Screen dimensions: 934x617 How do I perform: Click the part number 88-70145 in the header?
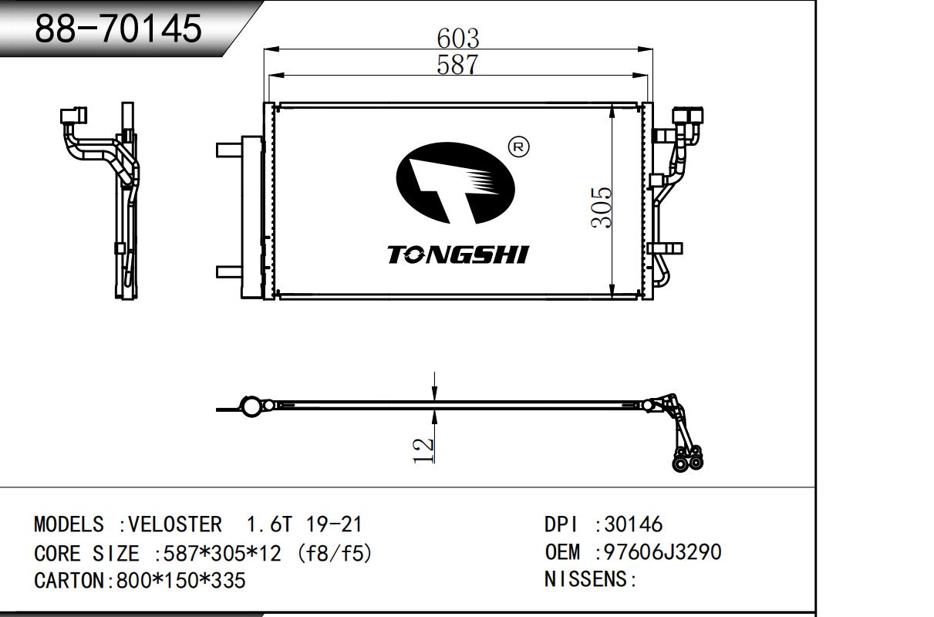point(119,29)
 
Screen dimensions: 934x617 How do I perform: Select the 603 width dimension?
point(458,39)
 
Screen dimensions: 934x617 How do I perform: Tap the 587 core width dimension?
point(457,65)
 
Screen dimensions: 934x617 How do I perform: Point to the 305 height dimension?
point(601,207)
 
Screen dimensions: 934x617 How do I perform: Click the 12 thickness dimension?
point(423,450)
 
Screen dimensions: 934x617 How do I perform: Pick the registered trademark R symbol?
point(519,147)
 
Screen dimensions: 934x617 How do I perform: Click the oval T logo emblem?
point(455,184)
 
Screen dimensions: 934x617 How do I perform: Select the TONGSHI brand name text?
point(458,255)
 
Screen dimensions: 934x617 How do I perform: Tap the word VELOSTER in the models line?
point(175,524)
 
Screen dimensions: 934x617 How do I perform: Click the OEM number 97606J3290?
point(663,552)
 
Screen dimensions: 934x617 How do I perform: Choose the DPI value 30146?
point(633,524)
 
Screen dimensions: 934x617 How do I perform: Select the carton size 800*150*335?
point(181,580)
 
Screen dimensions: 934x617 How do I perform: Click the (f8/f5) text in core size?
point(335,553)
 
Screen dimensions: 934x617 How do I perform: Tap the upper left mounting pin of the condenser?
point(229,150)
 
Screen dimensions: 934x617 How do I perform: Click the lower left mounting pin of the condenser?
point(229,271)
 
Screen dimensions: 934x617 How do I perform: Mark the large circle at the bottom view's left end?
point(251,406)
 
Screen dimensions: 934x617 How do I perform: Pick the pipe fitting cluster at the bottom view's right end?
point(688,458)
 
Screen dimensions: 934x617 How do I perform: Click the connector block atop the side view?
point(73,116)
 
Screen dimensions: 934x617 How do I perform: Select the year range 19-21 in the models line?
point(334,524)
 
